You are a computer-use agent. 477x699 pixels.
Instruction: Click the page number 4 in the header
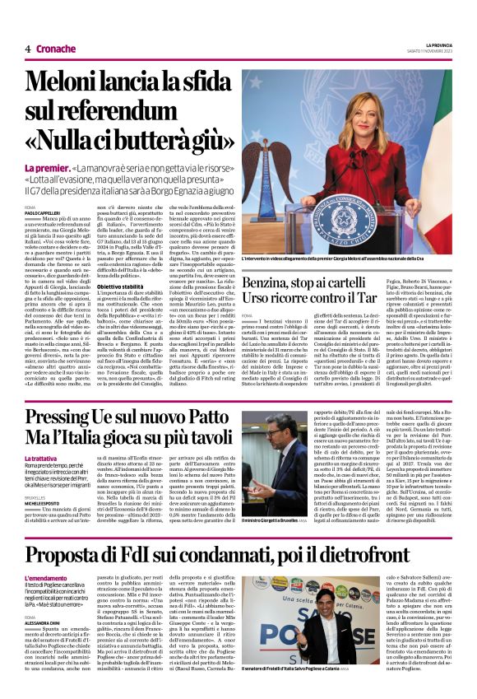pos(28,49)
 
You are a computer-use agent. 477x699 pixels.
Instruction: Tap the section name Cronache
pos(55,49)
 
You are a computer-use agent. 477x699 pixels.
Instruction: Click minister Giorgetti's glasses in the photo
pos(268,438)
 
